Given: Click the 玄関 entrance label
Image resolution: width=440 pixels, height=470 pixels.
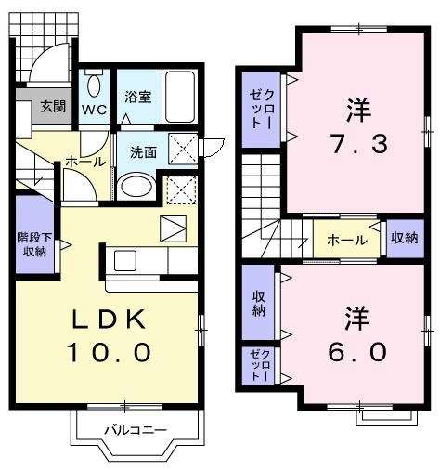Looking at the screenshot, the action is (x=54, y=107).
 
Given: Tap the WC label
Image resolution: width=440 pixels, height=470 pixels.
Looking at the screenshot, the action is (x=95, y=110).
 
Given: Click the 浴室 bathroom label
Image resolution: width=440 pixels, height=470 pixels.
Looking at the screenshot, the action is (x=138, y=97).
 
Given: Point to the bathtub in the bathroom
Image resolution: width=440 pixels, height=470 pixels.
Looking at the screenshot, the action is (x=180, y=97).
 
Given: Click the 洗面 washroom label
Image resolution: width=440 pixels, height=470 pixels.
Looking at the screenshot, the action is (x=143, y=152).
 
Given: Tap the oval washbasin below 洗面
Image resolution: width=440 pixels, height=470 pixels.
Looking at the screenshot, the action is (x=136, y=186).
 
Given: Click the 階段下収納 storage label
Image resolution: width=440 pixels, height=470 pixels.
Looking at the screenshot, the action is (x=34, y=244).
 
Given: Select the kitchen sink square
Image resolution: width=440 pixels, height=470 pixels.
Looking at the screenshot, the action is (x=125, y=261).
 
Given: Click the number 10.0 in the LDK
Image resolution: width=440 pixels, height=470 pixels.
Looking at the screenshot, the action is (x=110, y=352).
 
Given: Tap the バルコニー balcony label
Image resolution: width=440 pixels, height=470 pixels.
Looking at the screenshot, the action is (x=136, y=430).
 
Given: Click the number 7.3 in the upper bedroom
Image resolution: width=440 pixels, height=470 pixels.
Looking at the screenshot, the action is (x=359, y=143).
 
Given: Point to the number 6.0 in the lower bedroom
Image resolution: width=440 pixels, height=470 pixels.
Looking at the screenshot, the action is (x=357, y=352).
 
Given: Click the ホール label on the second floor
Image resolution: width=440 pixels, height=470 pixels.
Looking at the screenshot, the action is (x=347, y=240).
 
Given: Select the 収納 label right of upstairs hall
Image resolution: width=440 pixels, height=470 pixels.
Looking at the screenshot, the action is (x=404, y=238).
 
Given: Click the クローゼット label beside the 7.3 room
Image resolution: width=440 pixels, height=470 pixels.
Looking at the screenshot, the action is (x=262, y=109).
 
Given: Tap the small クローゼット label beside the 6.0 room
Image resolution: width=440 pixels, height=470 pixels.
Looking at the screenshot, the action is (x=260, y=366).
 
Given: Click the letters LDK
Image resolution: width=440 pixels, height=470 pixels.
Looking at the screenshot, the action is (x=109, y=319).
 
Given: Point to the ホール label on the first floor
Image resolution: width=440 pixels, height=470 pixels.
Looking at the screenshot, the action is (x=85, y=162).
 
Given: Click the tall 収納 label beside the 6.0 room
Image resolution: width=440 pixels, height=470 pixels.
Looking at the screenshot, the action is (x=259, y=304).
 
